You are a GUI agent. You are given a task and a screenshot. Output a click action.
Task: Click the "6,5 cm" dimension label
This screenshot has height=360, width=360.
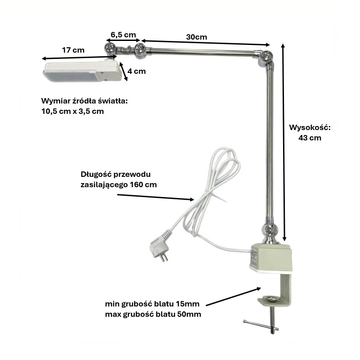[123, 35]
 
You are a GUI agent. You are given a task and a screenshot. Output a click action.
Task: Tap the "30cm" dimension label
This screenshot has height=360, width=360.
[197, 37]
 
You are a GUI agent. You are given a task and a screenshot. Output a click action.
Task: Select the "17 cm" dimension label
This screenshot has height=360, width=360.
[73, 50]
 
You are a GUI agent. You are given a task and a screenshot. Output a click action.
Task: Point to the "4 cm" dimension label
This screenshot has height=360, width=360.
[137, 71]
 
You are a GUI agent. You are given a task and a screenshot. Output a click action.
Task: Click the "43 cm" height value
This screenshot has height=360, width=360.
[310, 138]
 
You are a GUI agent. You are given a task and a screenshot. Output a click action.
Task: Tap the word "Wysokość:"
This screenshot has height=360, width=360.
[310, 127]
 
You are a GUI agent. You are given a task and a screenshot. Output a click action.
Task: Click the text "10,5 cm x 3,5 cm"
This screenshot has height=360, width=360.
[72, 111]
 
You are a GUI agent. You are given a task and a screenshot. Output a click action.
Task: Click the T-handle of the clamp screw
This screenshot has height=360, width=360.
[261, 325]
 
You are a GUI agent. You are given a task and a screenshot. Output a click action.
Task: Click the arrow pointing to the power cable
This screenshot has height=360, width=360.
[156, 197]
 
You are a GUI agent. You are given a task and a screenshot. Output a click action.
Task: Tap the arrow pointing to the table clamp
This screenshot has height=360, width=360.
[234, 297]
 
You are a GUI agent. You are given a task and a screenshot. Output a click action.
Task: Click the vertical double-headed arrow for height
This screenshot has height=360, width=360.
[284, 142]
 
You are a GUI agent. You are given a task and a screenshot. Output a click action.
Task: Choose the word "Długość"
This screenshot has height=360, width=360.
[96, 175]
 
